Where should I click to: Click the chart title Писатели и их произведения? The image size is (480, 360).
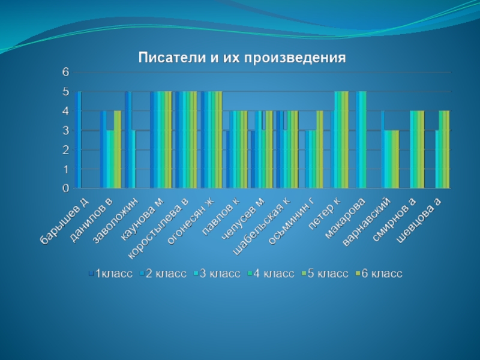pyautogui.click(x=243, y=58)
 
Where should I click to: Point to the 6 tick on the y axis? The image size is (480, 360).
pyautogui.click(x=66, y=72)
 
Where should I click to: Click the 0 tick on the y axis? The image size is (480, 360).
pyautogui.click(x=66, y=188)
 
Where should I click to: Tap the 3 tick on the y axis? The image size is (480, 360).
pyautogui.click(x=66, y=130)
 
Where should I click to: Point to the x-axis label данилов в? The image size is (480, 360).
pyautogui.click(x=91, y=220)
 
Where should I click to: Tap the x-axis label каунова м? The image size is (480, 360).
pyautogui.click(x=142, y=218)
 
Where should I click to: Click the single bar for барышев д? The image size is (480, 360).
pyautogui.click(x=79, y=140)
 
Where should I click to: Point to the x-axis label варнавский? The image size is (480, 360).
pyautogui.click(x=367, y=222)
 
